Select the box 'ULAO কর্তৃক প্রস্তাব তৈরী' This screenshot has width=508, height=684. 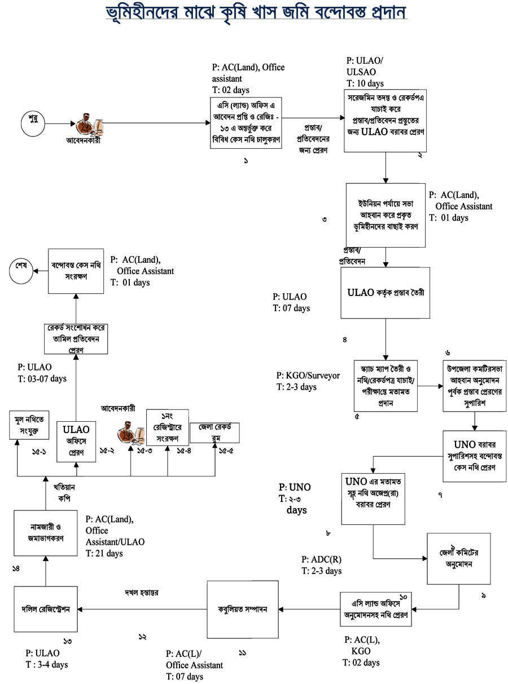click(385, 293)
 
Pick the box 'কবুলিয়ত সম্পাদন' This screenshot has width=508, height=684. click(243, 609)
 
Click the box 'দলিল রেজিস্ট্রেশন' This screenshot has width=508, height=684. click(46, 609)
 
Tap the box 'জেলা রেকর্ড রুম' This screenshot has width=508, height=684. click(214, 432)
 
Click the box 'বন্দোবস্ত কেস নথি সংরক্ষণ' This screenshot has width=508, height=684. click(76, 271)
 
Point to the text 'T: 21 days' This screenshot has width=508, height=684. click(104, 554)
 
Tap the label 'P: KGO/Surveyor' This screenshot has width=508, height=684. click(308, 376)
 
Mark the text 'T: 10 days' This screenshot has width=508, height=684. click(365, 83)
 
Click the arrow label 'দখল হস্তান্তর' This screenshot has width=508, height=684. click(142, 593)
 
